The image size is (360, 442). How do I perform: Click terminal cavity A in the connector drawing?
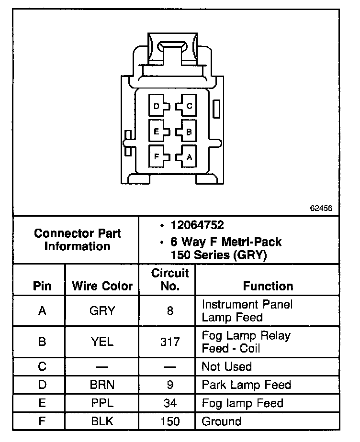point(187,156)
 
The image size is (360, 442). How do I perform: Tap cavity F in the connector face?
point(158,156)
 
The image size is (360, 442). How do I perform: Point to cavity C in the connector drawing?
point(187,106)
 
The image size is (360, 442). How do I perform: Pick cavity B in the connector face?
point(187,131)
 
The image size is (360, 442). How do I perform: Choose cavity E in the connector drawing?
point(158,131)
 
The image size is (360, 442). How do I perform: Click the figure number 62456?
point(321,209)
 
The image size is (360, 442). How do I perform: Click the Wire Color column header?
point(102,286)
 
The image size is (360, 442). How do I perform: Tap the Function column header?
point(268,286)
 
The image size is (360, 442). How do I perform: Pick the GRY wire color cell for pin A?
point(102,311)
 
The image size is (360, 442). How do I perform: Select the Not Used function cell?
point(226,366)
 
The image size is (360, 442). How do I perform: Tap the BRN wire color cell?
point(102,385)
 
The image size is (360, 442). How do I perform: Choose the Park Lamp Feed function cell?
point(247,385)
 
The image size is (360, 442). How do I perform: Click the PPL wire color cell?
point(102,403)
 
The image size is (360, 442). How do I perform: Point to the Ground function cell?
point(221,421)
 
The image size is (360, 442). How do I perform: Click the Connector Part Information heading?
point(77,240)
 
